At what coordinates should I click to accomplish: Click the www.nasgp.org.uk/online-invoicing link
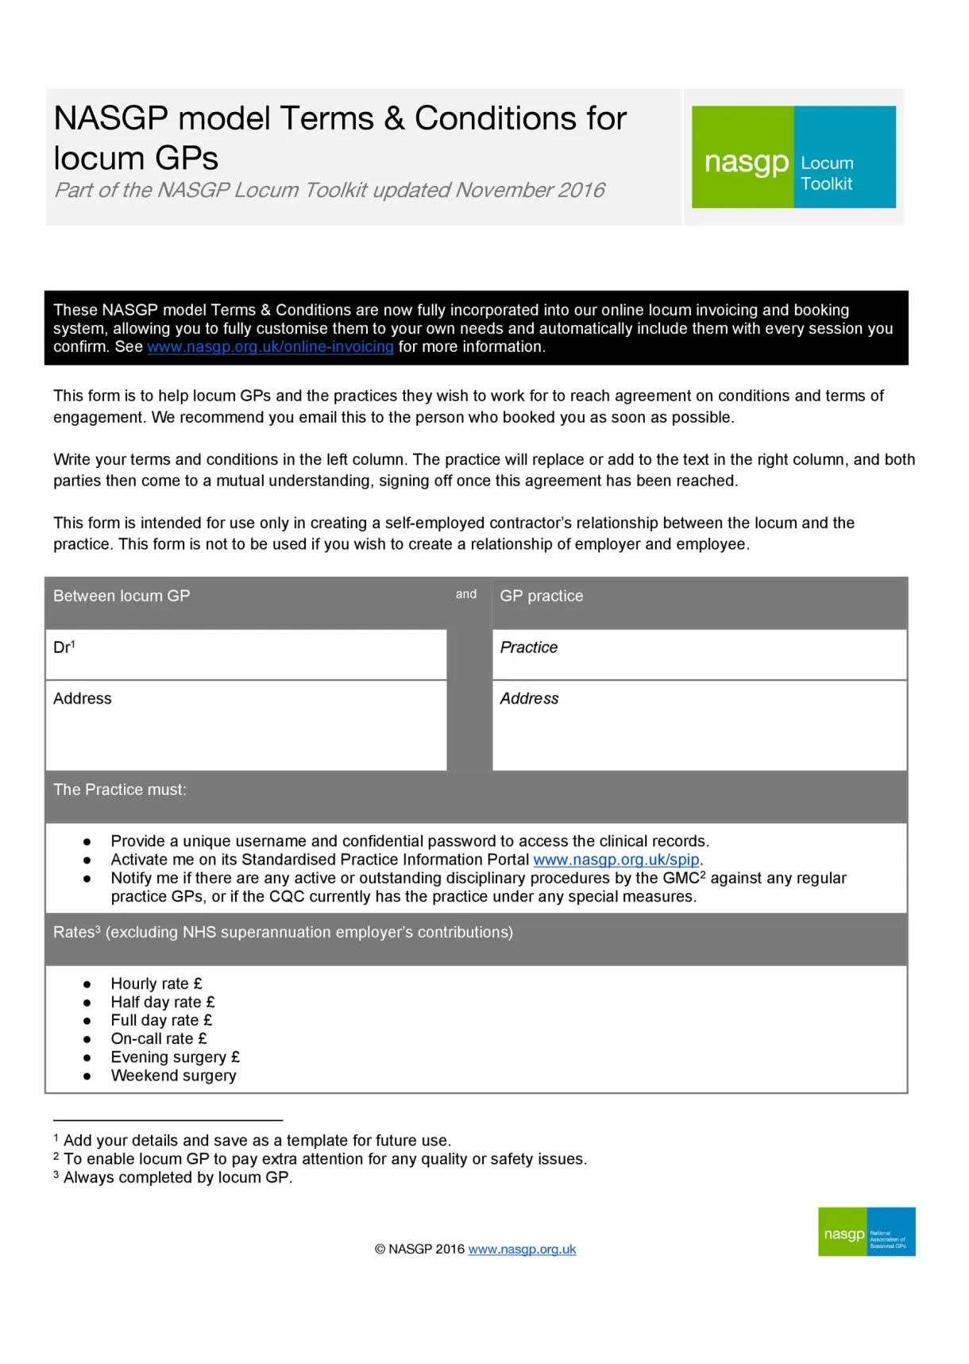[270, 347]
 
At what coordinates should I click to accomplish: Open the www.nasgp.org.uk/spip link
[616, 860]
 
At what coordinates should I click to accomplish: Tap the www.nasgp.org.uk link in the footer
[522, 1249]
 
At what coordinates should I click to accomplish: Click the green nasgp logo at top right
[743, 158]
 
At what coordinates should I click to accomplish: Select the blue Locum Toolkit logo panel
[845, 158]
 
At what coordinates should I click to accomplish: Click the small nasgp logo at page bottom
[867, 1232]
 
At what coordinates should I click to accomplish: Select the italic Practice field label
[528, 647]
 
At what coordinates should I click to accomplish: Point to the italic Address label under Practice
[529, 698]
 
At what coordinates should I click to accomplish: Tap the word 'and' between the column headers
[466, 594]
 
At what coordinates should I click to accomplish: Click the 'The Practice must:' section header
[120, 790]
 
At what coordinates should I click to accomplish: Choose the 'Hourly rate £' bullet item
[156, 983]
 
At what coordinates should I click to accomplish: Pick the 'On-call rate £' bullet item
[159, 1038]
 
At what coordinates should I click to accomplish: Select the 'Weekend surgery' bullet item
[173, 1076]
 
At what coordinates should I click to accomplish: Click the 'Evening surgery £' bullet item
[175, 1057]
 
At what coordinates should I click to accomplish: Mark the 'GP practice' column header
[541, 596]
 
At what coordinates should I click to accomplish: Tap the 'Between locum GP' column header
[122, 596]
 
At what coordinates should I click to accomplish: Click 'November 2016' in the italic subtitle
[530, 191]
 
